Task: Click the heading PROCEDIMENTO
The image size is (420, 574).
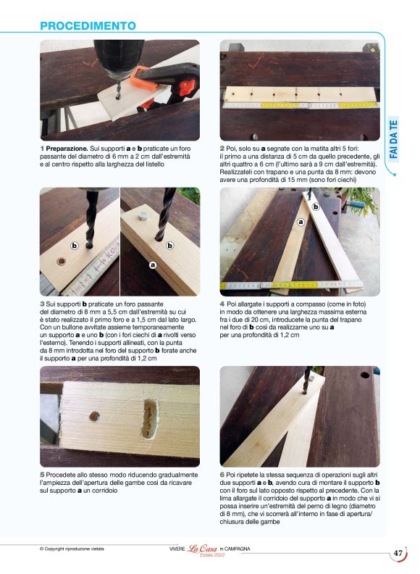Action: click(x=88, y=26)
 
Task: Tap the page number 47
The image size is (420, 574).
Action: click(x=398, y=554)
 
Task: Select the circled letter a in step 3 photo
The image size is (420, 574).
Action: click(x=152, y=265)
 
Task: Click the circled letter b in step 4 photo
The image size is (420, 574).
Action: click(x=316, y=207)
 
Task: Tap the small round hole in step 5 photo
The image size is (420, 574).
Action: click(x=95, y=417)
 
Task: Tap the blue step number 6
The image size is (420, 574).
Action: click(x=222, y=473)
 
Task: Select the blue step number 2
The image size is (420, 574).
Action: click(x=222, y=149)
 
